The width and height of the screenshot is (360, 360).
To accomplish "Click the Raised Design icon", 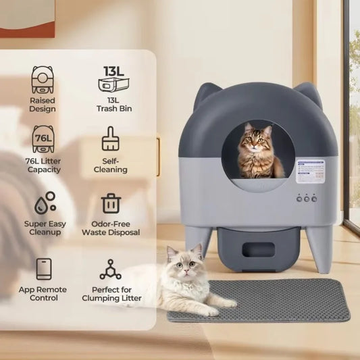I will (43, 79).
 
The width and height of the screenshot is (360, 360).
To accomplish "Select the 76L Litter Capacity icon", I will (43, 140).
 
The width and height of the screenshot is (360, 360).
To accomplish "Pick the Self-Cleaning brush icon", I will (110, 140).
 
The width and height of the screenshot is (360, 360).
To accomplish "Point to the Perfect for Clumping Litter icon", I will (110, 269).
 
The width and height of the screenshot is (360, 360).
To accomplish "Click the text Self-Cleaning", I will (110, 165).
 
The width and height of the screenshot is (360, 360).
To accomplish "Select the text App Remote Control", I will (43, 294).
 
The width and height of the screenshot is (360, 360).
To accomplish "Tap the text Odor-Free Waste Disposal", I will (110, 228).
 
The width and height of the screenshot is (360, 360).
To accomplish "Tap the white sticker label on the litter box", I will (310, 172).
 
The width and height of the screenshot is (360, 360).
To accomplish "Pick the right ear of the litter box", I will (309, 93).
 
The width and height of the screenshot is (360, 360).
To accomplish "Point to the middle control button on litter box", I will (305, 199).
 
